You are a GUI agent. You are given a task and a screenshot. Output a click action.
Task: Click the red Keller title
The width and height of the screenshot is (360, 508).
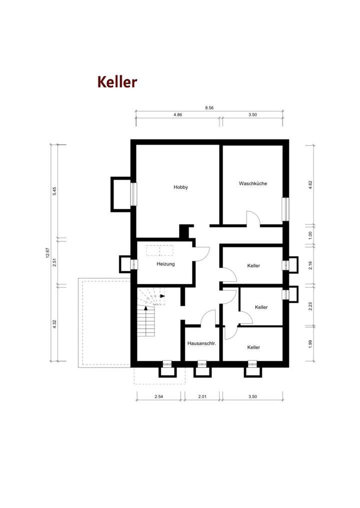(x=117, y=82)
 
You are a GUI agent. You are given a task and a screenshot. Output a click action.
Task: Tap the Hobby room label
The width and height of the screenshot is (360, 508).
(x=180, y=187)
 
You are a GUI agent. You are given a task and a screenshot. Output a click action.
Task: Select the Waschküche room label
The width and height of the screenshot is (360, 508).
(x=252, y=183)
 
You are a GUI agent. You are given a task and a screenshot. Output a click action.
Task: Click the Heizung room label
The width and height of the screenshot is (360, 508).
(x=165, y=264)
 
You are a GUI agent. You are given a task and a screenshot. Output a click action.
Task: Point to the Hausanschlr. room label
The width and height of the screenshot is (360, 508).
(x=201, y=344)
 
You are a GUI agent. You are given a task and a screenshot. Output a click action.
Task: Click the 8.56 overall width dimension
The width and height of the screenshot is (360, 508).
(x=209, y=107)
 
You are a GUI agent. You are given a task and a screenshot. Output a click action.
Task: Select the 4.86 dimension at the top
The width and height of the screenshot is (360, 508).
(x=177, y=114)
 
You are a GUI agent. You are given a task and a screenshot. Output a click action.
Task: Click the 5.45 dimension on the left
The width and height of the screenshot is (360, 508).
(x=54, y=191)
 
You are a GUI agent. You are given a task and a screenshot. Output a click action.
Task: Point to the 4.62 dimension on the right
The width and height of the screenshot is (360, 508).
(x=310, y=184)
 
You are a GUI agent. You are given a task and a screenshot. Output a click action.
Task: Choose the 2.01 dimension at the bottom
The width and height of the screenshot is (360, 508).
(x=202, y=397)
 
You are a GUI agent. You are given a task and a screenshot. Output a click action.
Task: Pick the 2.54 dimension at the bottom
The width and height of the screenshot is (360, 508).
(x=159, y=397)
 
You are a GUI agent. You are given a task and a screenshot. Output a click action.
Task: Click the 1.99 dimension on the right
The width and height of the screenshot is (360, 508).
(x=310, y=344)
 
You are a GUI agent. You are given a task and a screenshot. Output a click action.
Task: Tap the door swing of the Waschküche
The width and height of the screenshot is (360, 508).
(x=252, y=219)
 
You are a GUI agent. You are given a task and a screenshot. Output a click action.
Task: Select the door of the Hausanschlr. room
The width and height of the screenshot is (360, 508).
(x=208, y=318)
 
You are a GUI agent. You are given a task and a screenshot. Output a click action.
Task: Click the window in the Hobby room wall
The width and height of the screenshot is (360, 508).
(x=133, y=194)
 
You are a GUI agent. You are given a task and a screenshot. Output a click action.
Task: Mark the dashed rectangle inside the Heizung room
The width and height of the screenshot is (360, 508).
(x=159, y=250)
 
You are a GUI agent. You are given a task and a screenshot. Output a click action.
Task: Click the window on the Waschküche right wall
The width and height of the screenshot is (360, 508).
(x=285, y=209)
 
